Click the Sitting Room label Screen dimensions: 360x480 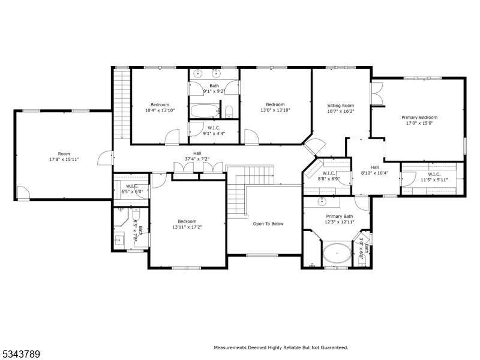(x=340, y=106)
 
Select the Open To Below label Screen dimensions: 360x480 (x=268, y=224)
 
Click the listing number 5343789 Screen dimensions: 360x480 (x=21, y=355)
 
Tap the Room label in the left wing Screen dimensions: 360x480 (x=64, y=154)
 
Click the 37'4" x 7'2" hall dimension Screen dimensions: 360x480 (x=197, y=160)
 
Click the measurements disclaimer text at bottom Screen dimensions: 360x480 (x=281, y=347)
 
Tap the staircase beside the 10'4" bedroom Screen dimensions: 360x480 (x=122, y=103)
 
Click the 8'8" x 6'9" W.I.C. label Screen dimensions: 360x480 (x=328, y=175)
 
